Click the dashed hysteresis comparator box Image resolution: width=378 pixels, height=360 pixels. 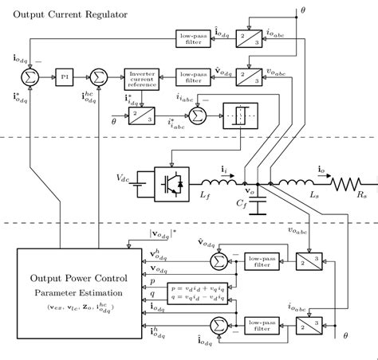pos(238,115)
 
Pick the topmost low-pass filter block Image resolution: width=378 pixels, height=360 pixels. pos(191,37)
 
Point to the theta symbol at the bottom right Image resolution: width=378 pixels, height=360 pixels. pos(345,336)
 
